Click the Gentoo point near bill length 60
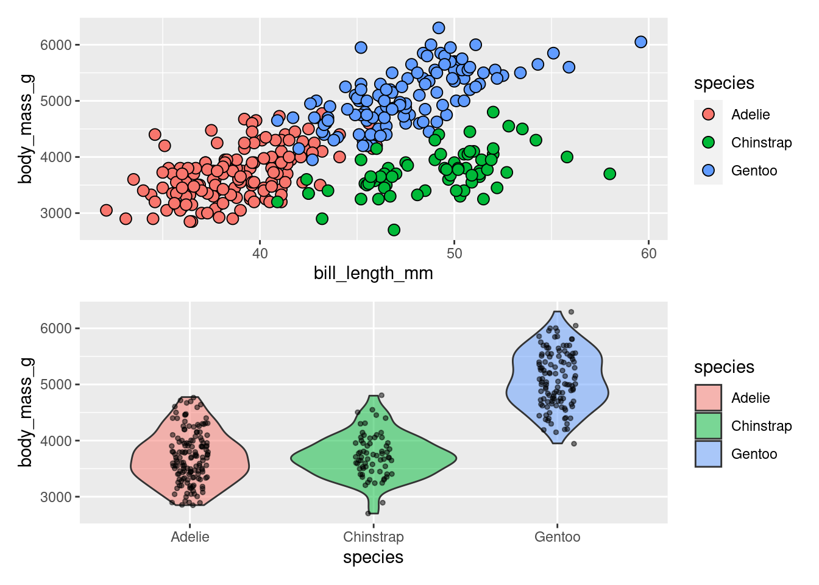640,42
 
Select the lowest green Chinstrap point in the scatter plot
394,230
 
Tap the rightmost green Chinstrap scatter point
609,174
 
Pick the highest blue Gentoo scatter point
439,28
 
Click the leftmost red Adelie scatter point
106,210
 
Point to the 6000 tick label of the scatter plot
56,45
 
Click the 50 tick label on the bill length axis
454,253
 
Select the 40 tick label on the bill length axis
260,253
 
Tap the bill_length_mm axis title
373,273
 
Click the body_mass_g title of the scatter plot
26,129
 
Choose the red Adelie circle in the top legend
708,115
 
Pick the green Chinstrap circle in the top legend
708,143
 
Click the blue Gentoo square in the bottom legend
708,454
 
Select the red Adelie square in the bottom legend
708,398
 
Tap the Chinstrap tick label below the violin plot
373,537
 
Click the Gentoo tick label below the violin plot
557,537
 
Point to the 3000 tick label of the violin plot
56,497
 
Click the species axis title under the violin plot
373,558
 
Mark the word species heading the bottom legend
724,367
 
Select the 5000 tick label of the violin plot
56,385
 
